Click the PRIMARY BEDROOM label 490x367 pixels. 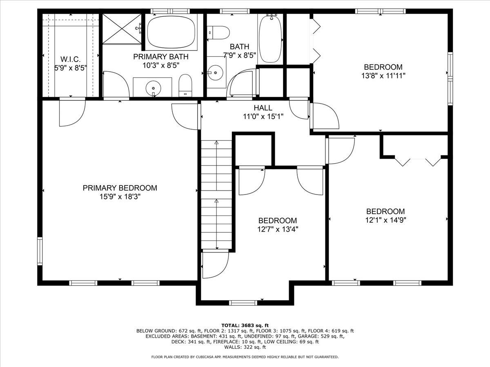pos(120,188)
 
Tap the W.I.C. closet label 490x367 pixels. pos(71,60)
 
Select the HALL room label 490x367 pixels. pos(263,108)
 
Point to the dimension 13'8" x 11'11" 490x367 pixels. pos(383,75)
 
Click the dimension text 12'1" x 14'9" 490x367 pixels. pos(385,220)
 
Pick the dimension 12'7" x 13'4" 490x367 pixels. pos(278,229)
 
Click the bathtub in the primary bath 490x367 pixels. pos(171,31)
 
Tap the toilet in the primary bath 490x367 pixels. pos(185,85)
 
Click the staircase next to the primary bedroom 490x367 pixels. pos(216,194)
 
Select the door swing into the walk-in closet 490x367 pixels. pos(72,113)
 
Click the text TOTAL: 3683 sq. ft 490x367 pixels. pos(245,325)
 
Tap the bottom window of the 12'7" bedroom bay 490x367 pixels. pos(243,302)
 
